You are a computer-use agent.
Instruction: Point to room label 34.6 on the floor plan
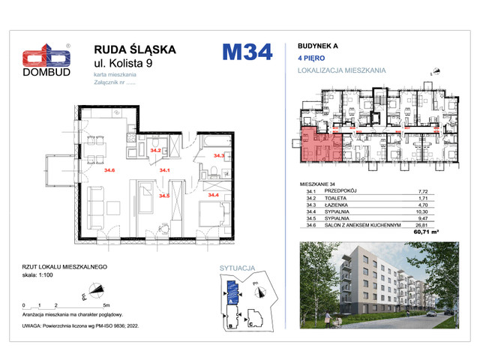pos(109,171)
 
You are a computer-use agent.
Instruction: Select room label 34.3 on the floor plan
pos(219,156)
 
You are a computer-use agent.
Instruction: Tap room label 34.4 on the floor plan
pos(213,195)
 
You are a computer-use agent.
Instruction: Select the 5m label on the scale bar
pos(106,307)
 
